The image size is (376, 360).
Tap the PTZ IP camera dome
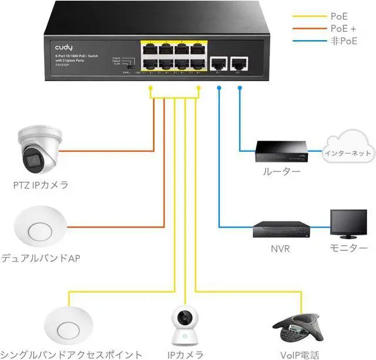click(x=38, y=149)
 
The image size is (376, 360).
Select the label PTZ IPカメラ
click(x=41, y=185)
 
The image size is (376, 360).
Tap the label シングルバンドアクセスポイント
click(x=71, y=354)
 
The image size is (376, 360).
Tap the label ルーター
click(x=281, y=171)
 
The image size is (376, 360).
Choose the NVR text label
click(x=281, y=249)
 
